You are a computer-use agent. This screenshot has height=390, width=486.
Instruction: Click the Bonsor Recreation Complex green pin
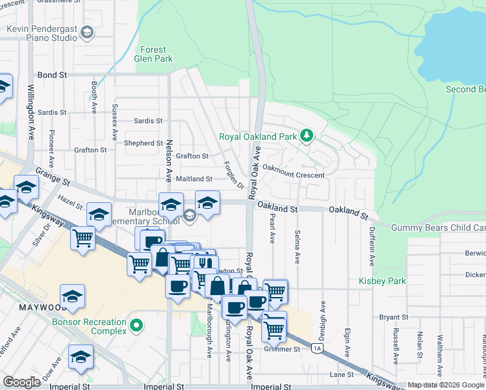point(136,324)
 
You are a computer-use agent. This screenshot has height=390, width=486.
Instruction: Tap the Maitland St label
point(194,179)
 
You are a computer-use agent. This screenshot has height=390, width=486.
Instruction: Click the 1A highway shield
point(317,349)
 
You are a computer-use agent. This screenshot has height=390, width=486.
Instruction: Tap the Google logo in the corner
point(22,382)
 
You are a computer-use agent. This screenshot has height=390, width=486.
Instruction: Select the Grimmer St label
point(281,349)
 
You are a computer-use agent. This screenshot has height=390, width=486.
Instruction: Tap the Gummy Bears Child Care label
point(438,227)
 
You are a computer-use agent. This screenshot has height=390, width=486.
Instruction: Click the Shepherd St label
point(143,143)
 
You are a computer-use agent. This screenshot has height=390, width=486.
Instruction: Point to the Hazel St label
point(69,206)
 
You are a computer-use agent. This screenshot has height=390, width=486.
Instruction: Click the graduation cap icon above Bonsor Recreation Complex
point(73,296)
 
